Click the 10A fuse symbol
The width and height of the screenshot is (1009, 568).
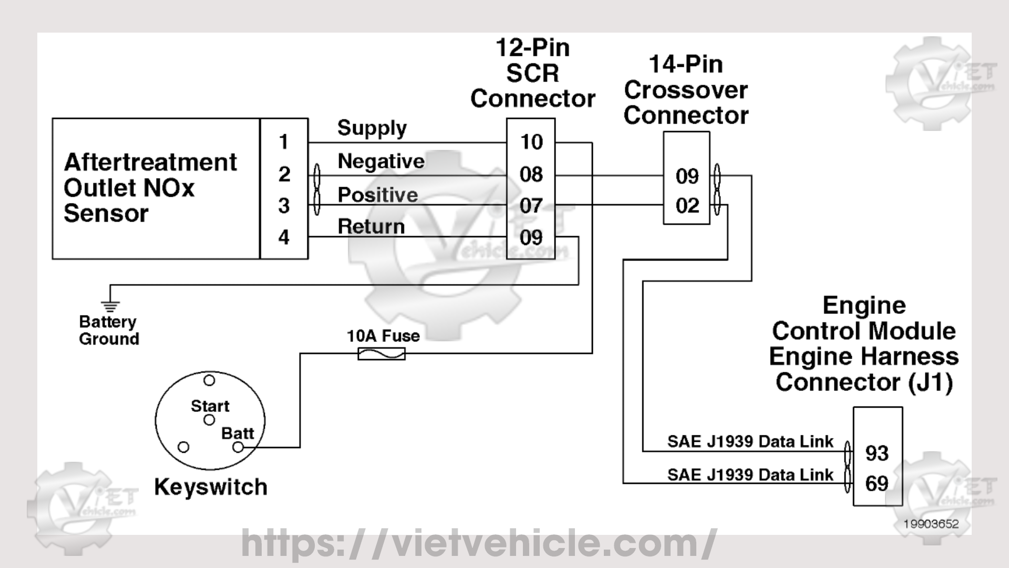pyautogui.click(x=382, y=354)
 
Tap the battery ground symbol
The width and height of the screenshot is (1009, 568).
pyautogui.click(x=110, y=305)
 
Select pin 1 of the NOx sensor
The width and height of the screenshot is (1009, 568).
pyautogui.click(x=284, y=142)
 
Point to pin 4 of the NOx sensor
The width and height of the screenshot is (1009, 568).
pyautogui.click(x=284, y=237)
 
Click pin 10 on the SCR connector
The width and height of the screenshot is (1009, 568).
pyautogui.click(x=531, y=142)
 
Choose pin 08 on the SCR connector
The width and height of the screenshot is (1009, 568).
pyautogui.click(x=531, y=175)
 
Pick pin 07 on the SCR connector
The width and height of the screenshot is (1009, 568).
pyautogui.click(x=531, y=206)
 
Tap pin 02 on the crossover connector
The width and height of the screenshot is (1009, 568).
pyautogui.click(x=687, y=206)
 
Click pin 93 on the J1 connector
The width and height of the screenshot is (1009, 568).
pyautogui.click(x=877, y=453)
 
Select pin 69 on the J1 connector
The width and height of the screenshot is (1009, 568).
pyautogui.click(x=877, y=484)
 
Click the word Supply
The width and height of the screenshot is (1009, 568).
pyautogui.click(x=372, y=128)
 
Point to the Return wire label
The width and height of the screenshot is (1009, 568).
pyautogui.click(x=371, y=227)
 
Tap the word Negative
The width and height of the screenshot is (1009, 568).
pyautogui.click(x=381, y=161)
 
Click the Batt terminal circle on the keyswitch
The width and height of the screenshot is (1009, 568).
pyautogui.click(x=238, y=447)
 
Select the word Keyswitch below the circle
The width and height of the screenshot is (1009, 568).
pyautogui.click(x=211, y=487)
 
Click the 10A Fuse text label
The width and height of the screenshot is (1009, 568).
pyautogui.click(x=383, y=336)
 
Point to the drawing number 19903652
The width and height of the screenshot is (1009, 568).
pyautogui.click(x=931, y=524)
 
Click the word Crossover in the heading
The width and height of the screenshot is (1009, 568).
pyautogui.click(x=686, y=90)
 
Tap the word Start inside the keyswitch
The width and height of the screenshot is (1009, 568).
pyautogui.click(x=210, y=406)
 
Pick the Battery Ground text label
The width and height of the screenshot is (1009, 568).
pyautogui.click(x=109, y=330)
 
